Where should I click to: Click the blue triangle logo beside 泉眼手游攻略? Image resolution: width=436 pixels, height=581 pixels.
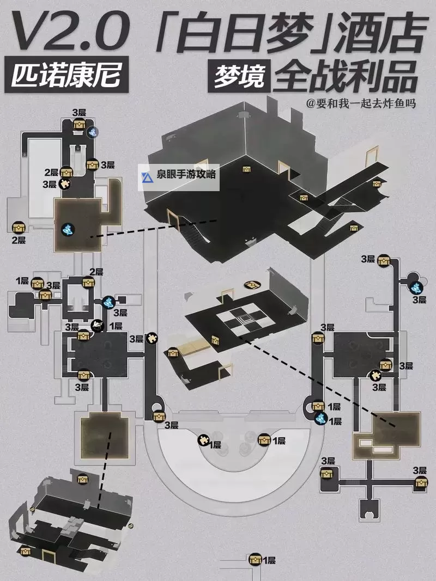[x=147, y=177]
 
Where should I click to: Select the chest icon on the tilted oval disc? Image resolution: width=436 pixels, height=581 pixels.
[x=252, y=284]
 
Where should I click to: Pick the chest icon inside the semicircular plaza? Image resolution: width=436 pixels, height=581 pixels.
[x=264, y=439]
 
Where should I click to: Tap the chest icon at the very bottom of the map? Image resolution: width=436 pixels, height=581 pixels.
[x=254, y=560]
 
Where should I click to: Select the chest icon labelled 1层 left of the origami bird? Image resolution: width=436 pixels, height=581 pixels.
[x=37, y=283]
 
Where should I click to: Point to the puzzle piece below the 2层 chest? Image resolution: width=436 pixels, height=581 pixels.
[x=66, y=184]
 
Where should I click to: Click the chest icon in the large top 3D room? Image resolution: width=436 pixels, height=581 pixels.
[x=246, y=169]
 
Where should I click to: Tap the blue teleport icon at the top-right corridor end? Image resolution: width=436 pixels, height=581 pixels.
[x=417, y=288]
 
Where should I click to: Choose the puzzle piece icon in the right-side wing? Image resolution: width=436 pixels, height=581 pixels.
[x=376, y=375]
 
